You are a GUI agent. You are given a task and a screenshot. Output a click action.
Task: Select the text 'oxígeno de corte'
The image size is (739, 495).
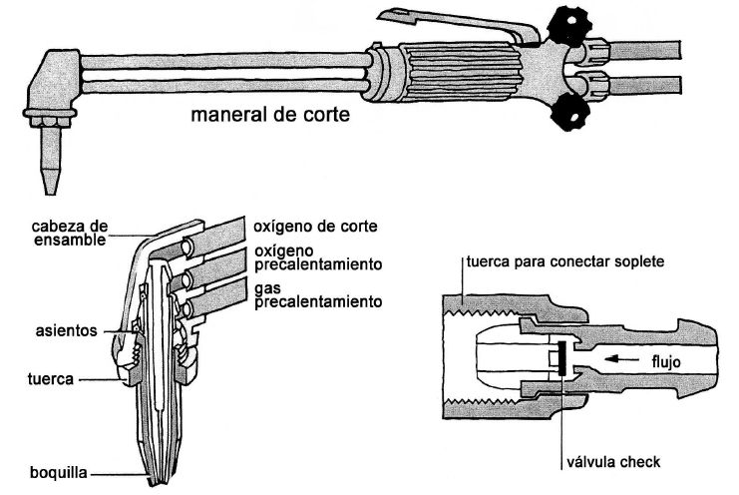314,225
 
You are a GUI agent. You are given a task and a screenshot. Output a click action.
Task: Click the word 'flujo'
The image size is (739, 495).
661,360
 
